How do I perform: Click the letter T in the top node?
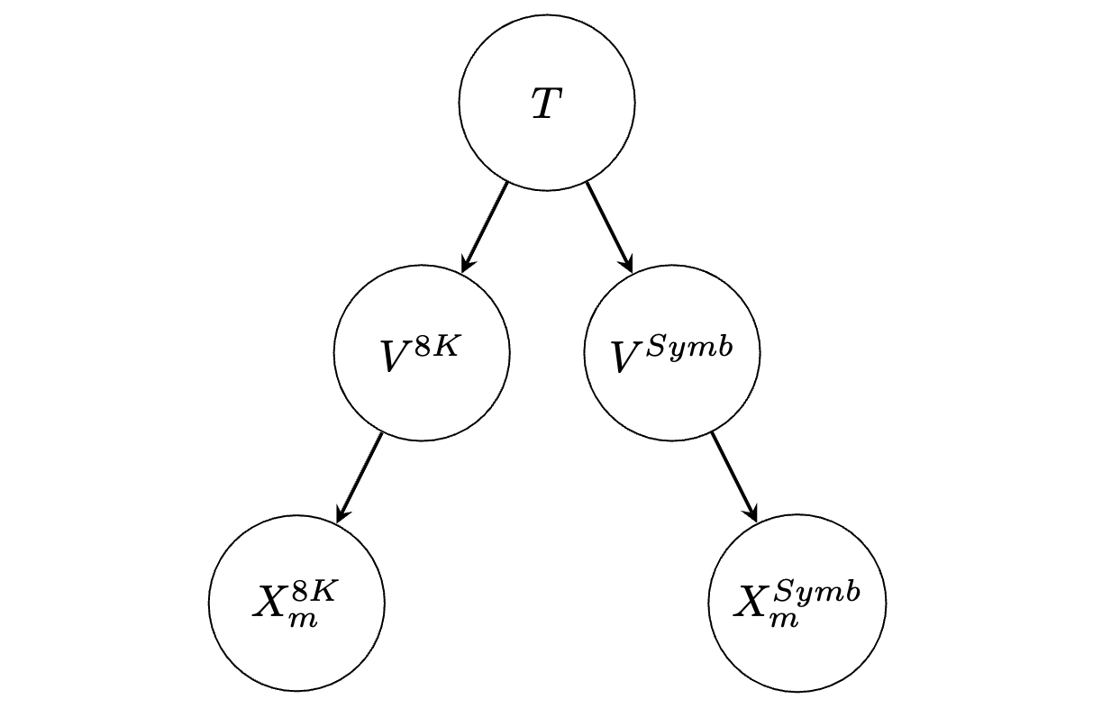[547, 104]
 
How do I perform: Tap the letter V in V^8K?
[396, 356]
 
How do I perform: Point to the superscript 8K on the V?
[435, 346]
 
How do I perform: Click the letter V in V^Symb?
[627, 357]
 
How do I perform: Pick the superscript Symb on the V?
[689, 346]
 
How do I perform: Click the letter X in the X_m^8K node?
[269, 602]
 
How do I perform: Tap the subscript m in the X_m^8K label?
[303, 621]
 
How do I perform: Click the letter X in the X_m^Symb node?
[751, 602]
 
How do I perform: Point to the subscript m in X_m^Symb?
[784, 621]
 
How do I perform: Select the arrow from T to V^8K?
[485, 227]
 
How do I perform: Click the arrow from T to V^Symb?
[609, 227]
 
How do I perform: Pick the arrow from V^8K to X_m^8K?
[360, 477]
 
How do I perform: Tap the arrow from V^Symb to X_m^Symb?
[734, 477]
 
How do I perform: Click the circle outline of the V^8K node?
[334, 353]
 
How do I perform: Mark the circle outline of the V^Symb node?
[584, 353]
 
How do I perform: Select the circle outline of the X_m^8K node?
[209, 603]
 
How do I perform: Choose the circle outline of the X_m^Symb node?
[709, 603]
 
